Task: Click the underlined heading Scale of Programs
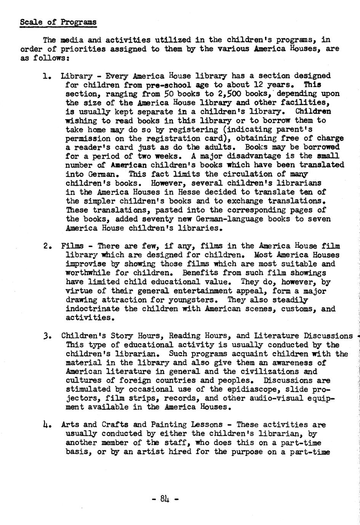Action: click(x=58, y=22)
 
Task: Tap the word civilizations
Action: click(x=263, y=372)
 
